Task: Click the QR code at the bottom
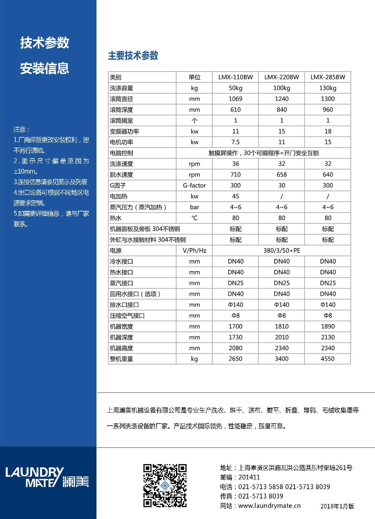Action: point(165,485)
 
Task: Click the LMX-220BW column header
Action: point(282,77)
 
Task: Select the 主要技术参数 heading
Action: point(133,56)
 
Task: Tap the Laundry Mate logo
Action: point(47,477)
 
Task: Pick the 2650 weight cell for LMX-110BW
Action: point(235,359)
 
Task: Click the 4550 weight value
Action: point(328,359)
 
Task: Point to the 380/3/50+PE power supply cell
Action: point(282,251)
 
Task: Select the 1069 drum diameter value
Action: point(235,99)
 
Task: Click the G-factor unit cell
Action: point(194,185)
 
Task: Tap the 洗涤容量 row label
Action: point(122,88)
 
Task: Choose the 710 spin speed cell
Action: point(235,175)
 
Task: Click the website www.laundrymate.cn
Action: point(269,506)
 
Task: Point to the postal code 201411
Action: point(249,477)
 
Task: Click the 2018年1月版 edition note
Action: point(337,506)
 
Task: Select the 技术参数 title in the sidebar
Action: point(45,43)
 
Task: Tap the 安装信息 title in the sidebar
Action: point(45,69)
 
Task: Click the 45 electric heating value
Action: point(235,196)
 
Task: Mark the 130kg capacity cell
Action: point(328,88)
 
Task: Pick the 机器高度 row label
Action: point(122,348)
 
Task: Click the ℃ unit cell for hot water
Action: point(194,218)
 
